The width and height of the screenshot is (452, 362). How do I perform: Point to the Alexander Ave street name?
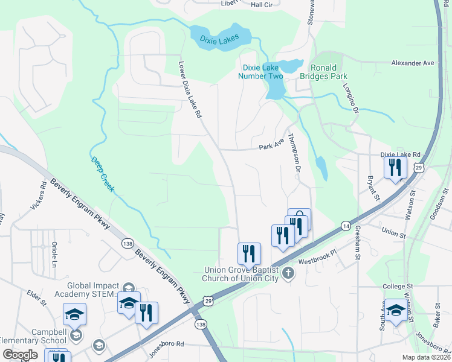[413, 63]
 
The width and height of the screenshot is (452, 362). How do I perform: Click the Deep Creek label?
[102, 175]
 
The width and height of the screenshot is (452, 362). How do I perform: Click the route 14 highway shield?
[345, 225]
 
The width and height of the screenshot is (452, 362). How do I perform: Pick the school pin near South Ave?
[396, 310]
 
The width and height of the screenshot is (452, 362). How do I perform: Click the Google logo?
[20, 354]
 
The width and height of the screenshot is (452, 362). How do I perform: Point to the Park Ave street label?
[271, 147]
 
